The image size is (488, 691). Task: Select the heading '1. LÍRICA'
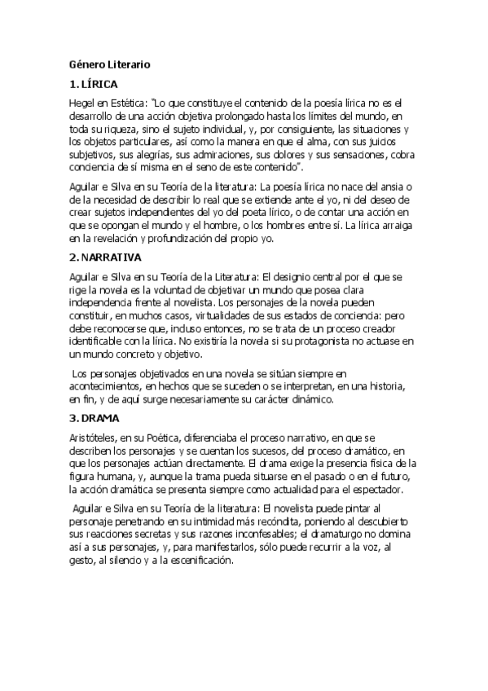click(x=94, y=85)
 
